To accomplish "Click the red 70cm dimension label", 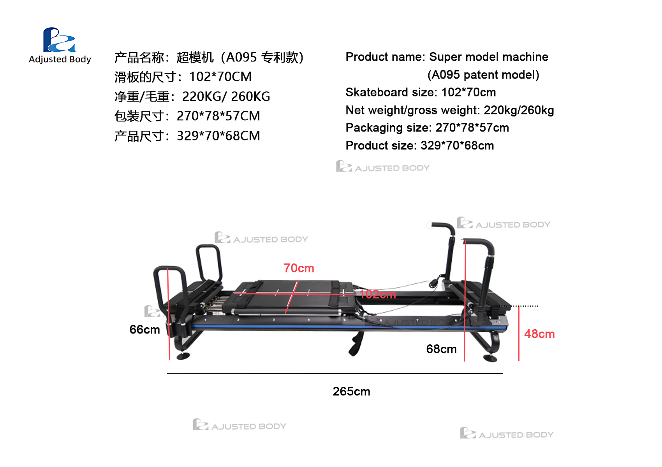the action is (x=299, y=268).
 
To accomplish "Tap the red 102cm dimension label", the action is (x=377, y=294).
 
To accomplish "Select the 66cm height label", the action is (x=144, y=330).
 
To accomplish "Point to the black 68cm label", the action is (x=441, y=349).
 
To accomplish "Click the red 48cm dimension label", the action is (x=539, y=334).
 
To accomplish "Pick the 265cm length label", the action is (x=351, y=392).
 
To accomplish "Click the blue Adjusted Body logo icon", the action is (x=60, y=40).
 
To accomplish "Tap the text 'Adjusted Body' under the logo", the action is (x=60, y=60).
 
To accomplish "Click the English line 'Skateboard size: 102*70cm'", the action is (x=421, y=93).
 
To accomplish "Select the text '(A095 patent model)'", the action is (x=483, y=75).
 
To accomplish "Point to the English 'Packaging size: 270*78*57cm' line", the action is (x=427, y=128).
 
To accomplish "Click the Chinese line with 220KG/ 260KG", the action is (x=192, y=97).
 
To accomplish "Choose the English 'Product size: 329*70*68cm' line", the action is (x=420, y=146).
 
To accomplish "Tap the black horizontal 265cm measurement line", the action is (x=335, y=373).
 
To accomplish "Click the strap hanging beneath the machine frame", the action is (x=356, y=344).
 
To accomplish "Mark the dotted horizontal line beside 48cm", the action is (x=515, y=306).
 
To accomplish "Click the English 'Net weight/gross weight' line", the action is (x=450, y=111).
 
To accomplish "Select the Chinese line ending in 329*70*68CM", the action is (x=187, y=136).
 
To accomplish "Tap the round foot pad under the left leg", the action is (x=183, y=356).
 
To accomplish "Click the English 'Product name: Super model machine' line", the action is (x=447, y=57).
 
